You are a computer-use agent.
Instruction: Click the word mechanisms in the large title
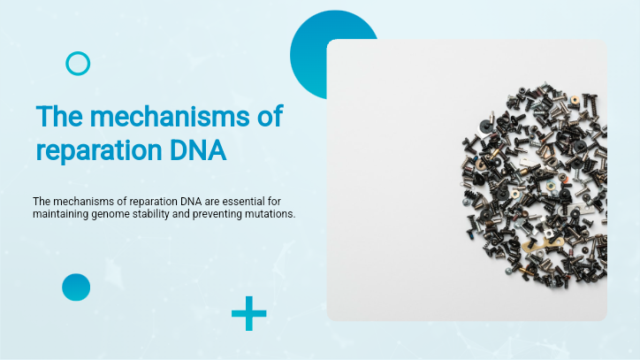180,116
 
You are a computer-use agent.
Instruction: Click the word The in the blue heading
58,116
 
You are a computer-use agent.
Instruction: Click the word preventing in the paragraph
234,215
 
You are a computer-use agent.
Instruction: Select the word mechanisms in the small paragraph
83,201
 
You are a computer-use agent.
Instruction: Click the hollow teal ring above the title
78,63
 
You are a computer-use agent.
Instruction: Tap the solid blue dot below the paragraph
76,287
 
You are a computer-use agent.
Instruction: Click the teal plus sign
248,313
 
